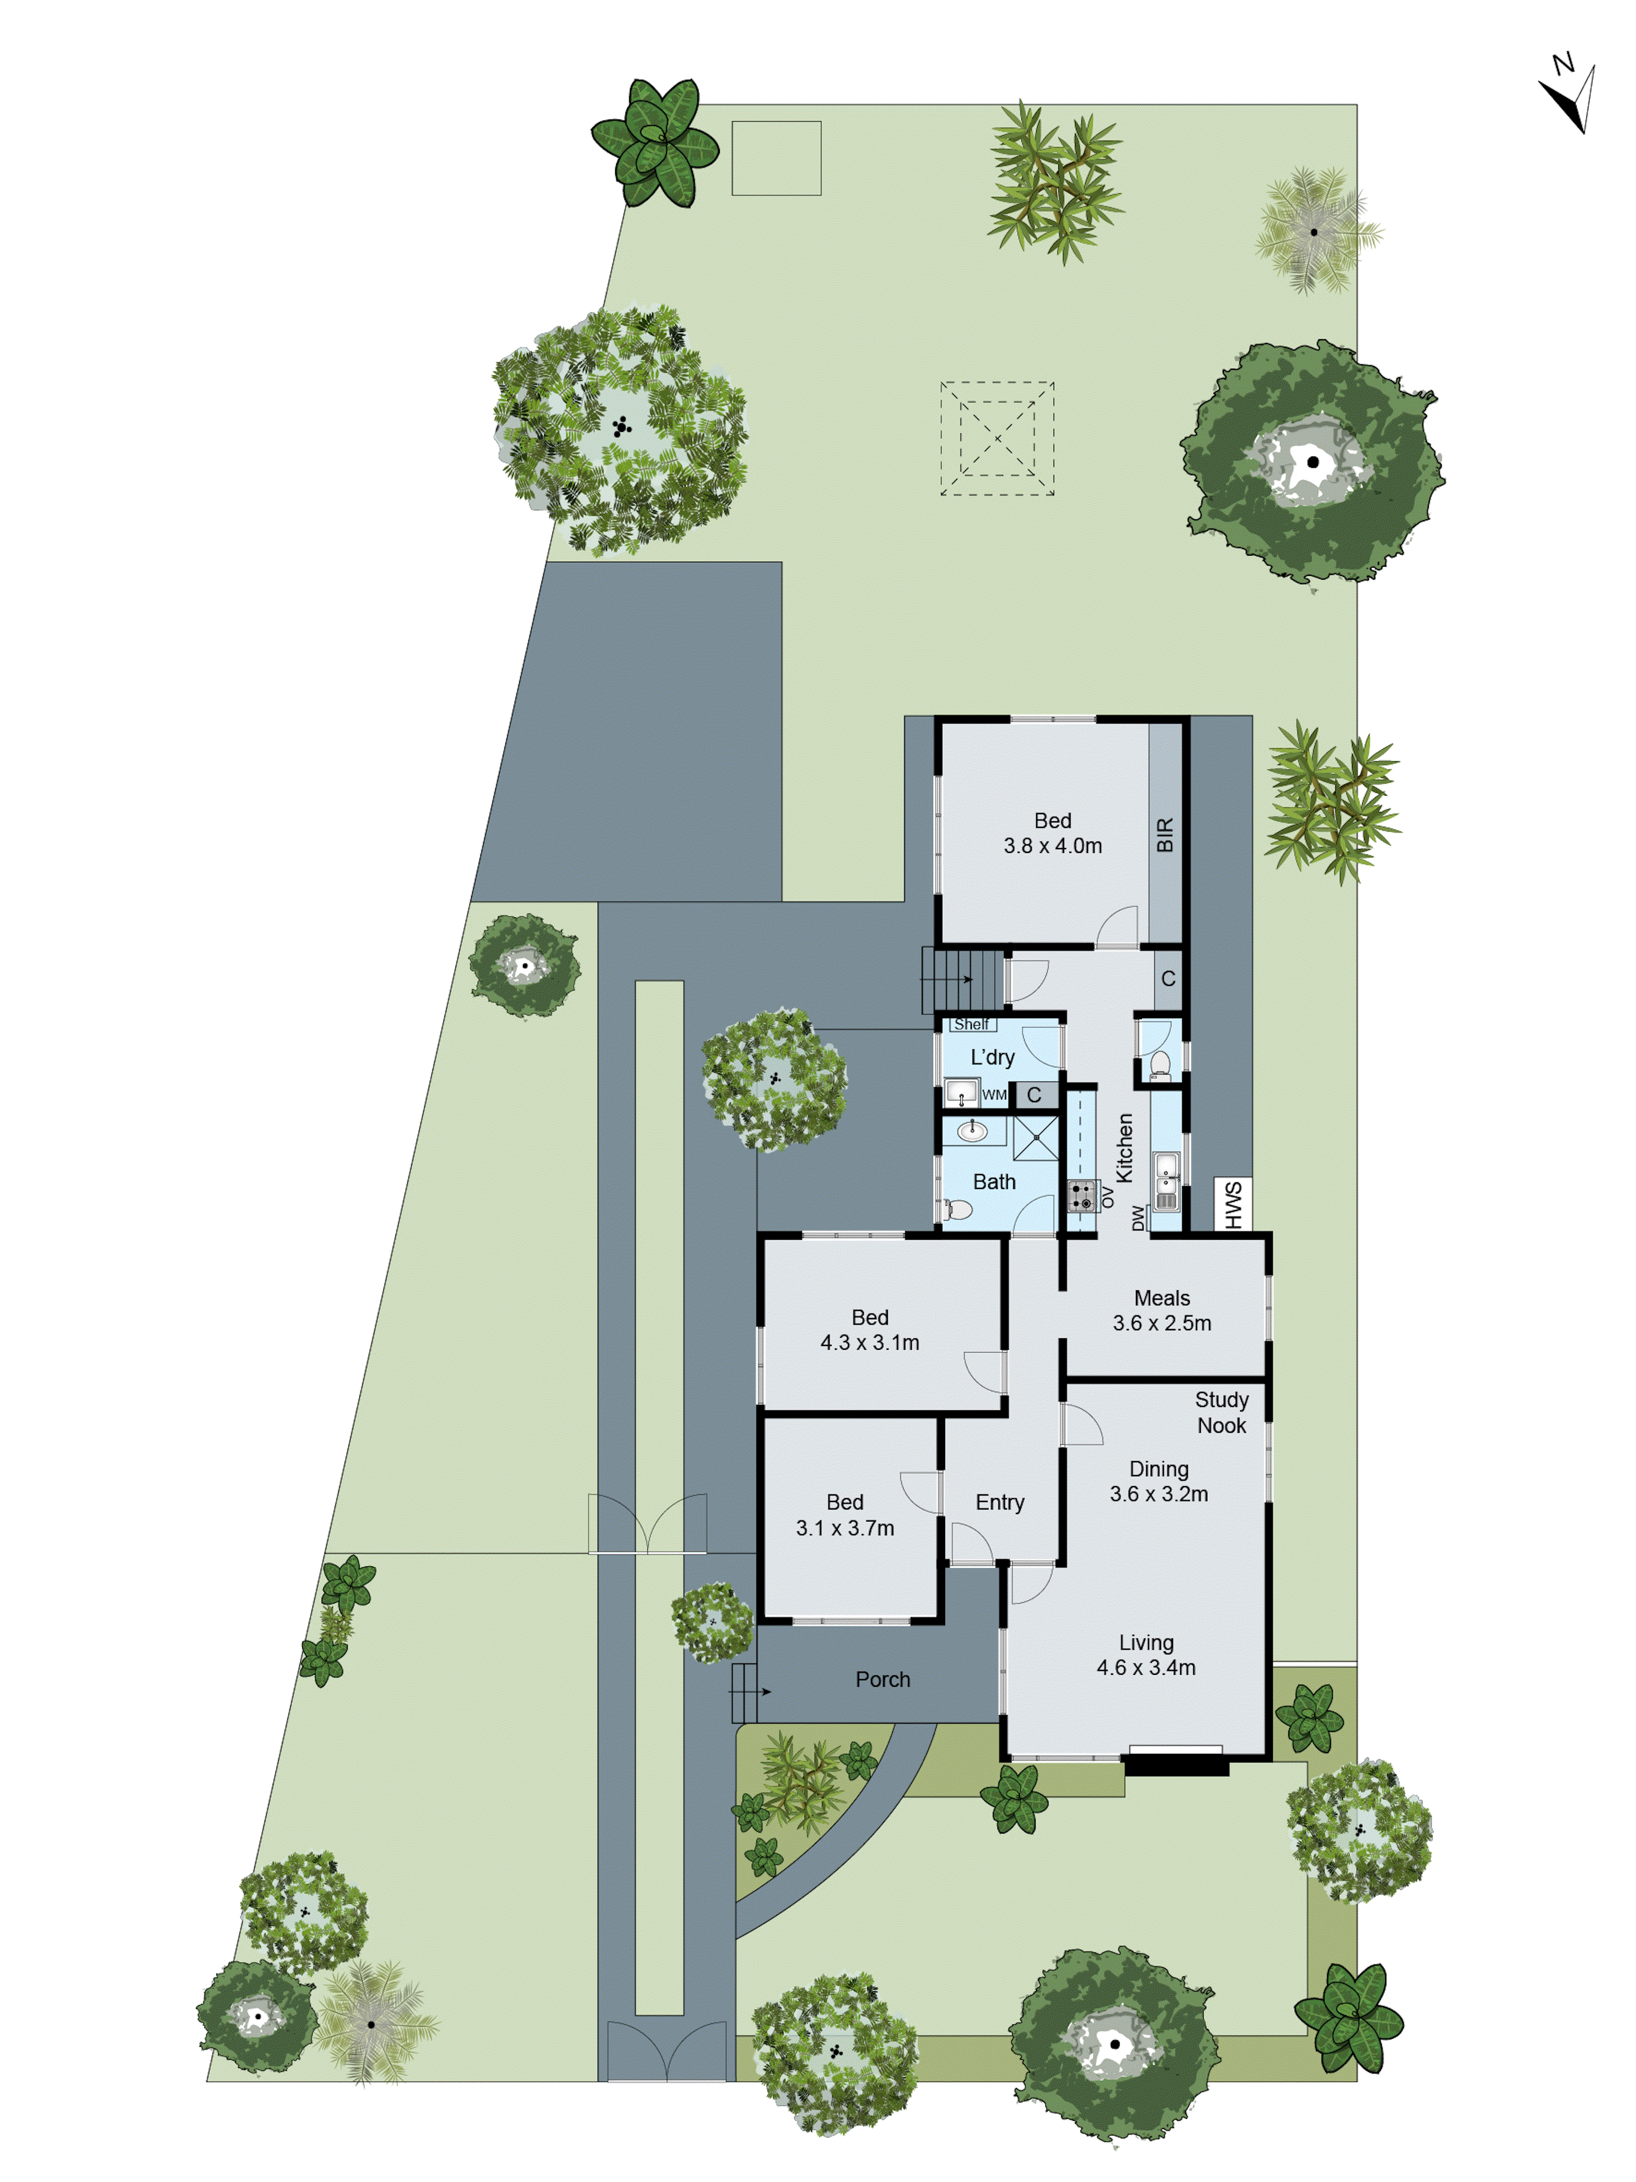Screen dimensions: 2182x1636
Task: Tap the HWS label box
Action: [1232, 1205]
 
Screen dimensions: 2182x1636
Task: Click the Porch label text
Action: [882, 1680]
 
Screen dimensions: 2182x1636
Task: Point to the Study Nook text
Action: [1221, 1412]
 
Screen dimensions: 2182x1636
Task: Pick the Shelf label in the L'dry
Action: [971, 1025]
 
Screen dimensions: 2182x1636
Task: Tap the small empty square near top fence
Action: [776, 158]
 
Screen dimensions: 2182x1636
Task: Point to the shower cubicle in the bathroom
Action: [1036, 1138]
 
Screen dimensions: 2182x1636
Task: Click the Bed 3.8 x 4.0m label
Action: [1052, 833]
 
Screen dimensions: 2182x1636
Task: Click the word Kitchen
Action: [1124, 1148]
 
